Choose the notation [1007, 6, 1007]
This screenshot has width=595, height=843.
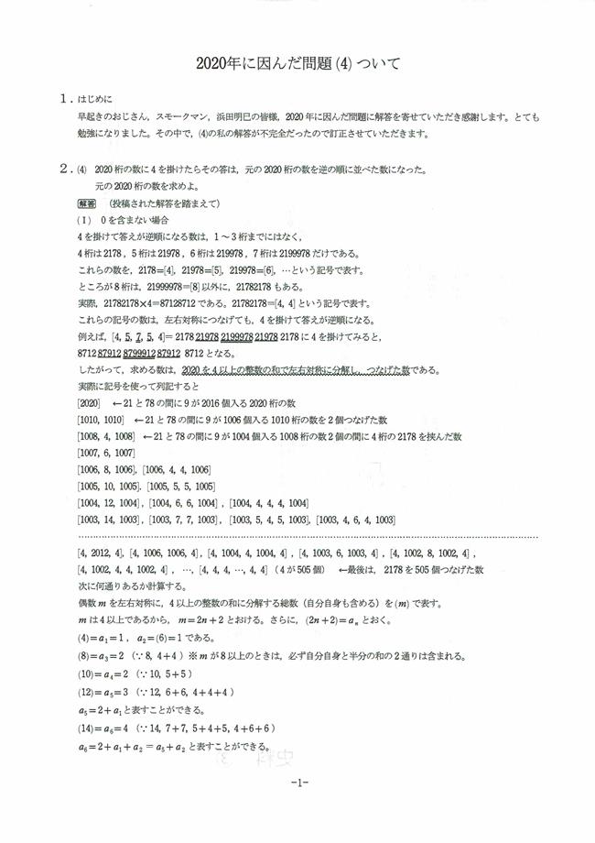pyautogui.click(x=105, y=453)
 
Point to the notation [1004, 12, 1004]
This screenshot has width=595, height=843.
pyautogui.click(x=109, y=502)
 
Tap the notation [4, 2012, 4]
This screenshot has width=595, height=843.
pyautogui.click(x=105, y=553)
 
